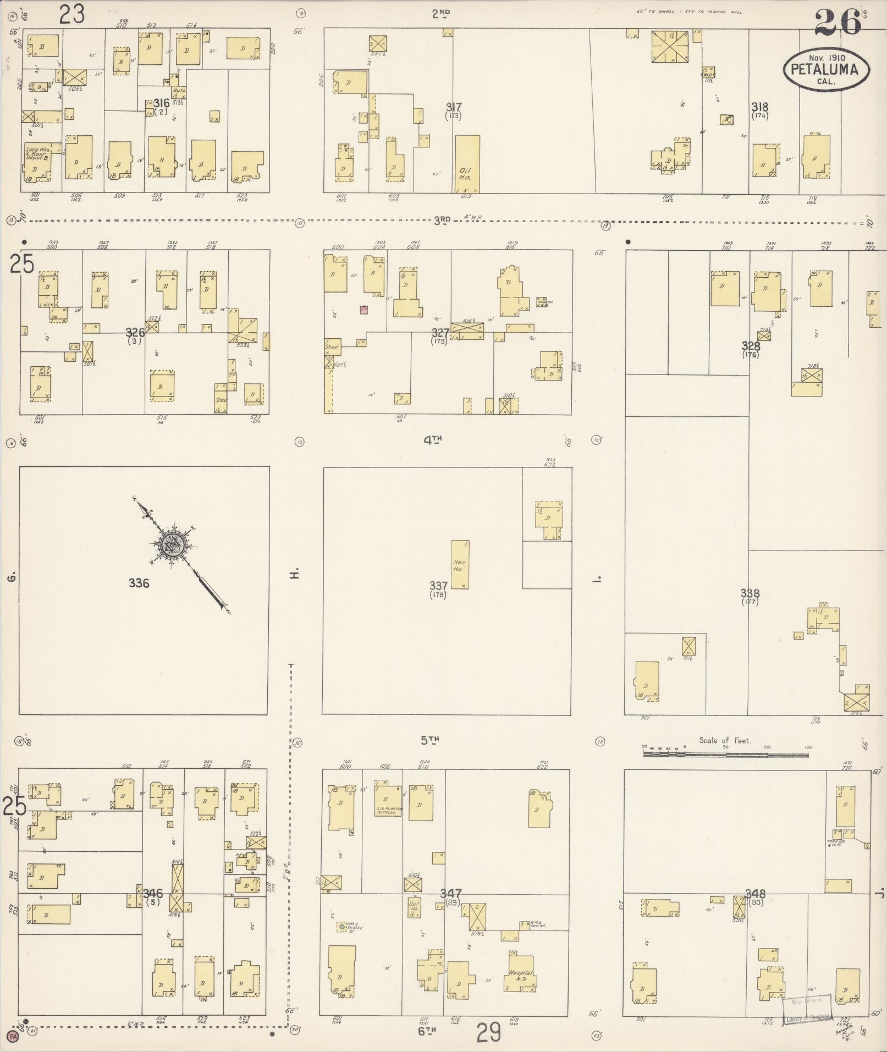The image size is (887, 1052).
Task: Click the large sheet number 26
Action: click(x=837, y=23)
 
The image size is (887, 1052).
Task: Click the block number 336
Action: click(x=139, y=583)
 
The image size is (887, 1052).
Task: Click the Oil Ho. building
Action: click(x=467, y=163)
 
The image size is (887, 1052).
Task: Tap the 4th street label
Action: click(x=433, y=439)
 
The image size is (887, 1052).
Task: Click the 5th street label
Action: click(x=430, y=740)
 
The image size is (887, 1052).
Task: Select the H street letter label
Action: click(x=295, y=574)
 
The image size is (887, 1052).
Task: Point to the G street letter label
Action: click(x=10, y=576)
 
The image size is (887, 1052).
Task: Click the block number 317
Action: click(x=454, y=107)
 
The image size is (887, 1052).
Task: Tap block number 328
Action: click(x=750, y=346)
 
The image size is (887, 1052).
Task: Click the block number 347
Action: click(x=450, y=894)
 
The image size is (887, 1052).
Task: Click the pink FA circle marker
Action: click(x=13, y=1037)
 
